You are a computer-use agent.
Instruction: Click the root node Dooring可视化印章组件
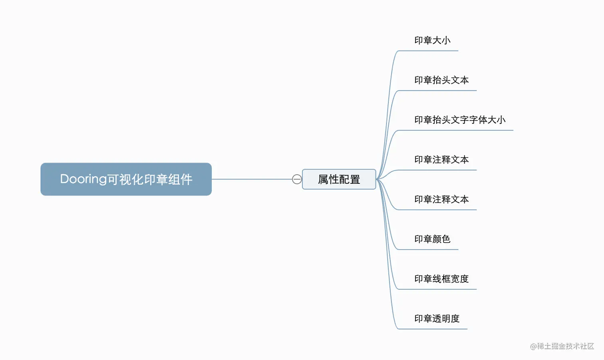click(x=126, y=179)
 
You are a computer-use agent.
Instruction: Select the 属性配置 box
click(x=339, y=179)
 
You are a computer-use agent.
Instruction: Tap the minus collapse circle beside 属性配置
click(x=297, y=179)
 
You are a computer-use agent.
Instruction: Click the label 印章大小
click(x=432, y=40)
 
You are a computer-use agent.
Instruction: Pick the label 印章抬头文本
click(x=441, y=80)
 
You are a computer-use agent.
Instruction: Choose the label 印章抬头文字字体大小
click(x=460, y=120)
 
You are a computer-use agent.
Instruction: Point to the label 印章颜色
click(x=432, y=239)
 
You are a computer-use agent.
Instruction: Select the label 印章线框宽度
click(x=441, y=279)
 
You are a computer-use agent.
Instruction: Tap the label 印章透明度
click(x=437, y=318)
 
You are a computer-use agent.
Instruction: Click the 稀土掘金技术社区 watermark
click(x=565, y=346)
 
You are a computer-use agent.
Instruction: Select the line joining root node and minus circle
click(x=252, y=179)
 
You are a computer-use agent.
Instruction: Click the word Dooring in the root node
click(x=83, y=179)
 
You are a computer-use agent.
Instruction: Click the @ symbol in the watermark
click(x=533, y=346)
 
